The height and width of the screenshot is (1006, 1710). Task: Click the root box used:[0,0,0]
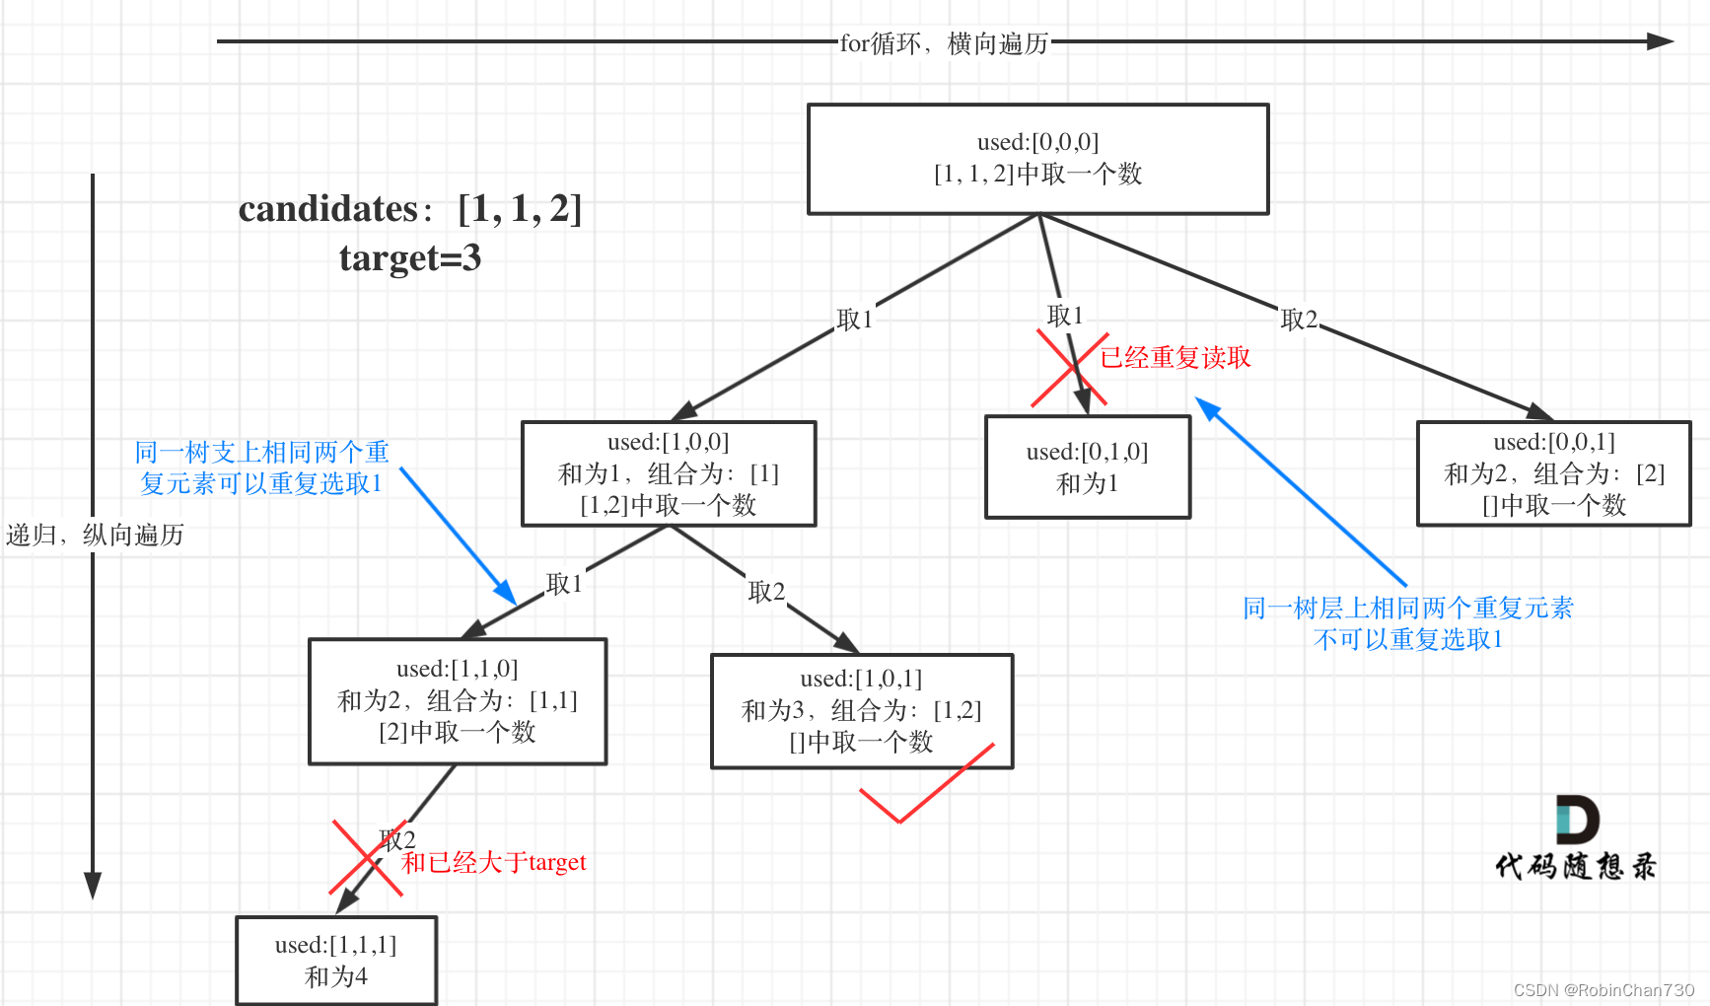[x=1037, y=159]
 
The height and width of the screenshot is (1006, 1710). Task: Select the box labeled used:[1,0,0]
[x=669, y=473]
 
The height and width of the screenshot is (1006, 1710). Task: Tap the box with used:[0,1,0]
[x=1088, y=467]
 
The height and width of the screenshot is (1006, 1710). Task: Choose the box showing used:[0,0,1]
[x=1553, y=473]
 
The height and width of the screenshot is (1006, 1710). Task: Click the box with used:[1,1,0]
[x=458, y=700]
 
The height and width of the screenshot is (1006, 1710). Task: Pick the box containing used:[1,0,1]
[x=861, y=710]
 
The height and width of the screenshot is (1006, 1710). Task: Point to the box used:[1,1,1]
[x=336, y=961]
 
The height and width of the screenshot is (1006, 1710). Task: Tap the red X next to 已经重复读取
[x=1070, y=369]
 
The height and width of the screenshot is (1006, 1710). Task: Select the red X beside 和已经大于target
[x=367, y=857]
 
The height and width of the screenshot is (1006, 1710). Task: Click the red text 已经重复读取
[x=1176, y=357]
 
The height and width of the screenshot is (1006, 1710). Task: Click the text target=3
[x=410, y=258]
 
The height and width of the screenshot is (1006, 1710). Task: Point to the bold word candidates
[x=328, y=209]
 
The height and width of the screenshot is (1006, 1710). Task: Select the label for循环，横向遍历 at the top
[x=944, y=43]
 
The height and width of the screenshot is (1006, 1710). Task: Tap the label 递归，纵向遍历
[x=95, y=535]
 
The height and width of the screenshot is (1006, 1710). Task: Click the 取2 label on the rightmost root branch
[x=1299, y=320]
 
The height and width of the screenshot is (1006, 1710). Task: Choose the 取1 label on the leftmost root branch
[x=854, y=320]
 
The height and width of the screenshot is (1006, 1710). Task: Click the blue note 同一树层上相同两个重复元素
[x=1407, y=608]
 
